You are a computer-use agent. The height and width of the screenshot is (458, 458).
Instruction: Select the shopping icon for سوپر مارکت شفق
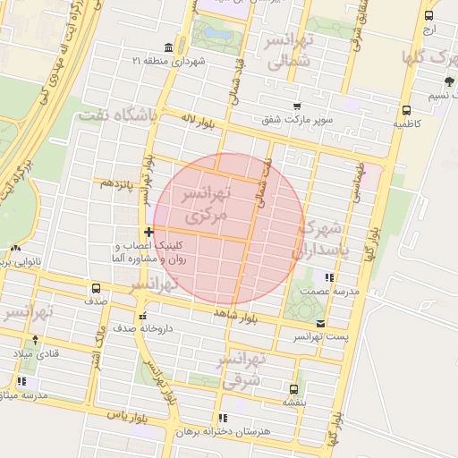point(297,106)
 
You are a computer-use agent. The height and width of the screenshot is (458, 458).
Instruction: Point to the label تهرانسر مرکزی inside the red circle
point(205,204)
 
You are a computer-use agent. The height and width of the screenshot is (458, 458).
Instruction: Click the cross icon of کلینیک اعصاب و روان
point(149,233)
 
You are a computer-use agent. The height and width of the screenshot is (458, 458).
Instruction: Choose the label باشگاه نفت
point(116,116)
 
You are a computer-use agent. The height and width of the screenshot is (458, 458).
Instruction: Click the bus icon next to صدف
point(96,288)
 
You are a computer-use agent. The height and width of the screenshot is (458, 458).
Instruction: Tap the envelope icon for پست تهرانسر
point(320,323)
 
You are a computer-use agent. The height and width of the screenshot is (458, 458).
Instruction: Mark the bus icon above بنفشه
point(293,389)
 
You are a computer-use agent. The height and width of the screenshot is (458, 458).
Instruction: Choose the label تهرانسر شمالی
point(286,52)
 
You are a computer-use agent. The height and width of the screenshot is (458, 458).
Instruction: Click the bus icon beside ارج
point(429,16)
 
